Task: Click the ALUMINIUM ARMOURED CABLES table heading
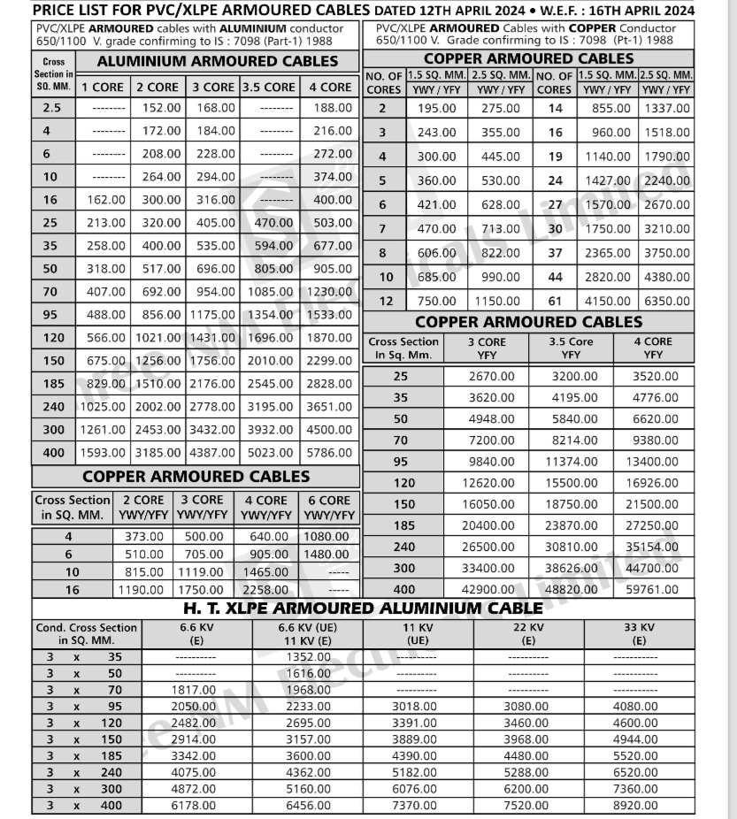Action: tap(217, 62)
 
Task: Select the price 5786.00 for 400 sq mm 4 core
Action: tap(329, 453)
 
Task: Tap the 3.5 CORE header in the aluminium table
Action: tap(268, 87)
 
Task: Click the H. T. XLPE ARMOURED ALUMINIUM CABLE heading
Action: tap(363, 609)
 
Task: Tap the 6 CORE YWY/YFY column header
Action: tap(329, 507)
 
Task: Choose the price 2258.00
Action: tap(265, 589)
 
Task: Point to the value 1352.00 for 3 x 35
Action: tap(308, 657)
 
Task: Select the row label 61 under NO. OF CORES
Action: tap(555, 301)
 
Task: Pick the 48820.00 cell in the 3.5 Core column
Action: tap(570, 589)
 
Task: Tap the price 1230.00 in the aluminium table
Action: tap(329, 291)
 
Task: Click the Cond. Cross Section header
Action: tap(86, 633)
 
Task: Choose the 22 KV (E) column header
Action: tap(527, 633)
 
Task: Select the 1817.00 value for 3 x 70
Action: tap(195, 689)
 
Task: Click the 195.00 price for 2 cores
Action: tap(436, 109)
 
